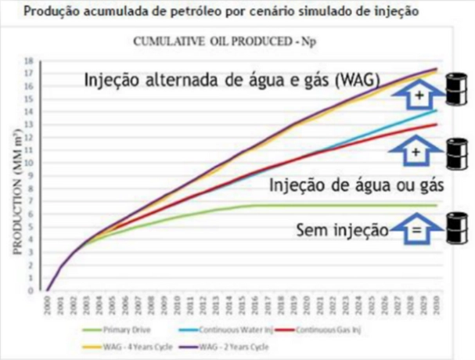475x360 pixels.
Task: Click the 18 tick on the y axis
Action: (x=29, y=61)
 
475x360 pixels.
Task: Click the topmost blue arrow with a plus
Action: (x=416, y=96)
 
